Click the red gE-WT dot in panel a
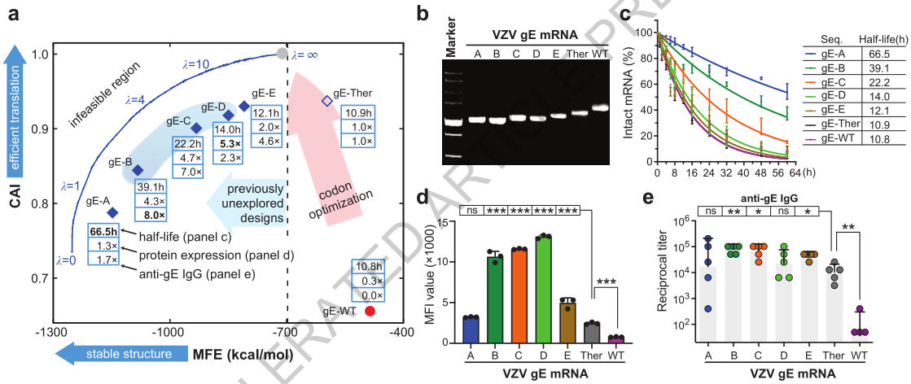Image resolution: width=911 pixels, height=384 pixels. (370, 311)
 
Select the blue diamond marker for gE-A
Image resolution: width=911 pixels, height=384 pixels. (112, 212)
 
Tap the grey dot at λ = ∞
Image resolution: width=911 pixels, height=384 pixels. (282, 54)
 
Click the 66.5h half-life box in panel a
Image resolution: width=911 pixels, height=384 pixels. (104, 232)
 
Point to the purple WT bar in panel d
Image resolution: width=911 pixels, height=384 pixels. (617, 338)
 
